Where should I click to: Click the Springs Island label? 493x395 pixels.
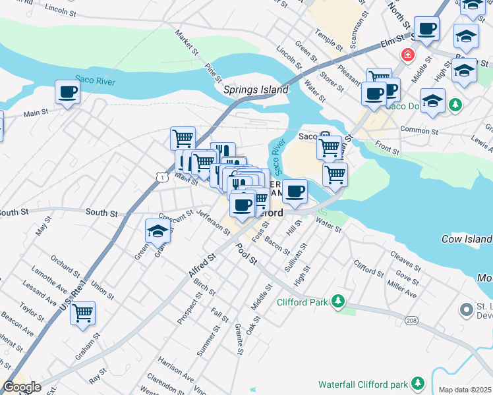[x=256, y=90]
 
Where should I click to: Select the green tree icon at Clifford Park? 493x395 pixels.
[x=338, y=302]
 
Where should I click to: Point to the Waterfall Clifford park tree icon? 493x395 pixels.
[x=417, y=383]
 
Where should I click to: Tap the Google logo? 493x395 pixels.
[x=22, y=387]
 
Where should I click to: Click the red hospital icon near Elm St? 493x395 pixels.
[x=409, y=54]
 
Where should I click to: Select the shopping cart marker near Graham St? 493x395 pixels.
[x=82, y=313]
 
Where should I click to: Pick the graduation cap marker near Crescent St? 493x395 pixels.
[x=158, y=230]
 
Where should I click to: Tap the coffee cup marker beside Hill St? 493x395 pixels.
[x=296, y=191]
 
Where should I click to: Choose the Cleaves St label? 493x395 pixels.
[x=405, y=261]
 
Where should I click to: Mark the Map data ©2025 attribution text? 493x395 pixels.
[x=465, y=390]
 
